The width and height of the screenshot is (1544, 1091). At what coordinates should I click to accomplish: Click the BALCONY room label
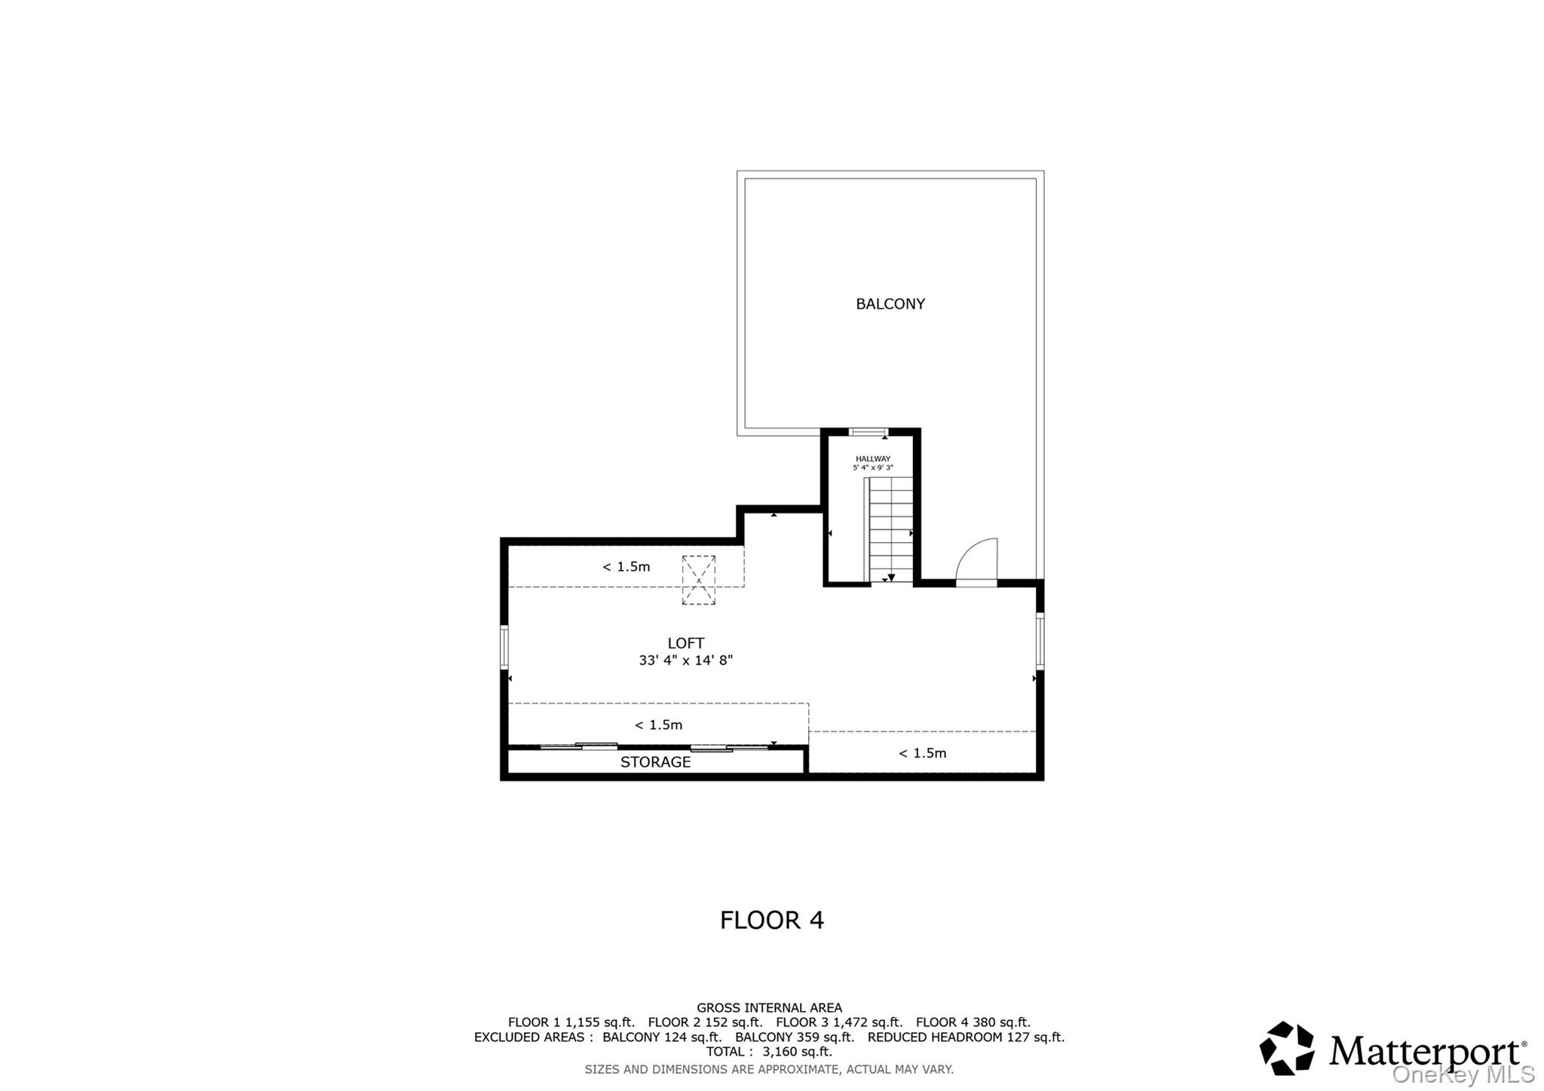click(x=890, y=304)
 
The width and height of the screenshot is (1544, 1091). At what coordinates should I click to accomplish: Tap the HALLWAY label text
click(x=872, y=458)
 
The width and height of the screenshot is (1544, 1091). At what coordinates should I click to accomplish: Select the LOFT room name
click(x=685, y=643)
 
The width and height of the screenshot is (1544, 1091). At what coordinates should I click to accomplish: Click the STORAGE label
click(x=655, y=762)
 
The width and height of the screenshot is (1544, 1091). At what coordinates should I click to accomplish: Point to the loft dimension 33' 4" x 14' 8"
click(x=685, y=660)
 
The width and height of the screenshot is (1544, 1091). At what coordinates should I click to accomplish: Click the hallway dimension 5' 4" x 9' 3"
click(x=872, y=468)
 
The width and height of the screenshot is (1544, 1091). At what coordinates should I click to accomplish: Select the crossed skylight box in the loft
click(x=698, y=580)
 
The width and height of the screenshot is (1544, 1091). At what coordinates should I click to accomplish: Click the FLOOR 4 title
click(x=771, y=920)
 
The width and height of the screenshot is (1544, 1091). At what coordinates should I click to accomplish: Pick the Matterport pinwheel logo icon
click(x=1286, y=1047)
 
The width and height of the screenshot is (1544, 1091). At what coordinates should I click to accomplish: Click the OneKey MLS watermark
click(x=1463, y=1074)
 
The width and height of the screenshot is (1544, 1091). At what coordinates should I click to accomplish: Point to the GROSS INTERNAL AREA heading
click(x=769, y=1007)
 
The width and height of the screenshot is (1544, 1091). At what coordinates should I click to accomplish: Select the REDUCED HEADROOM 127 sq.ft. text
click(x=965, y=1037)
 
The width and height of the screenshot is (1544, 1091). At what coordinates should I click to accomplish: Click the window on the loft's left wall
click(x=504, y=646)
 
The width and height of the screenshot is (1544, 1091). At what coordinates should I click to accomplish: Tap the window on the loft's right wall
click(x=1040, y=641)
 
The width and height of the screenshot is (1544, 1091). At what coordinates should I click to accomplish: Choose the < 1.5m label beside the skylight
click(x=626, y=567)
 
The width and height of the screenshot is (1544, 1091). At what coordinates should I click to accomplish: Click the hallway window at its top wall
click(x=868, y=432)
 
